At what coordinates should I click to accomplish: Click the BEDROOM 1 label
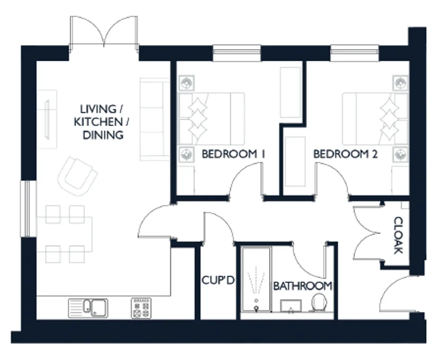[233, 154]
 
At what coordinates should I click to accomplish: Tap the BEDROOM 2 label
[345, 154]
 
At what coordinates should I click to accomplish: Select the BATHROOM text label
[303, 286]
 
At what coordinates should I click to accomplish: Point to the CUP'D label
[218, 280]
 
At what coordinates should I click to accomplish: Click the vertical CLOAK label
[398, 235]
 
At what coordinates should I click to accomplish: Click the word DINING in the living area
[103, 135]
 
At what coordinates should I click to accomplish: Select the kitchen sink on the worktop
[88, 308]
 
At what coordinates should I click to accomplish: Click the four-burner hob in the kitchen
[141, 308]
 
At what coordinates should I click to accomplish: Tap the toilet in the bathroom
[319, 302]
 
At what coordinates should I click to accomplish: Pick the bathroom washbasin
[291, 306]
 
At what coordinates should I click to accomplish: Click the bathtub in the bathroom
[256, 279]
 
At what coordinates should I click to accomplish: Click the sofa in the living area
[155, 119]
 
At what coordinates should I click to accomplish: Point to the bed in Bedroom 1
[211, 119]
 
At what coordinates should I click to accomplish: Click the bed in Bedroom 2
[375, 119]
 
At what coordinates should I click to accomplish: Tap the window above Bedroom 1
[237, 53]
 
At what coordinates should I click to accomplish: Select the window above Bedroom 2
[355, 53]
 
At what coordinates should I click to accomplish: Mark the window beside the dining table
[28, 208]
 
